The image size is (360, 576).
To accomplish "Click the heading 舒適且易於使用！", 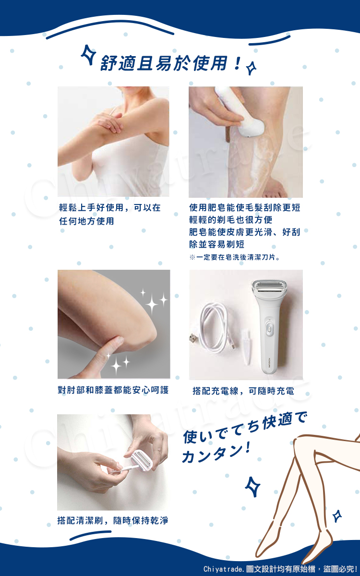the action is coord(170,63).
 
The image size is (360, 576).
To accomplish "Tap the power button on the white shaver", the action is coord(269,329).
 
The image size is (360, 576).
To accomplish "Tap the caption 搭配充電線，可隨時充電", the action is coord(243,391).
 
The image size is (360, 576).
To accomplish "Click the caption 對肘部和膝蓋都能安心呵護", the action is coord(113,390).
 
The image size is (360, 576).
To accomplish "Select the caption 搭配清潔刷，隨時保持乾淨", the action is coord(113,520).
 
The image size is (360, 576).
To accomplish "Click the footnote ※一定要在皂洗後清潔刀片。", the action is coord(235,257).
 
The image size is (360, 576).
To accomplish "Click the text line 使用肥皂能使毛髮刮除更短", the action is coord(245,207).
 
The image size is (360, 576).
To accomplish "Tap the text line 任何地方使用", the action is coord(87,221).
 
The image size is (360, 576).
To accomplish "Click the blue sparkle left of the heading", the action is coord(88,55).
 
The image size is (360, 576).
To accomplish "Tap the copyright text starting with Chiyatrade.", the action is coord(280,569).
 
